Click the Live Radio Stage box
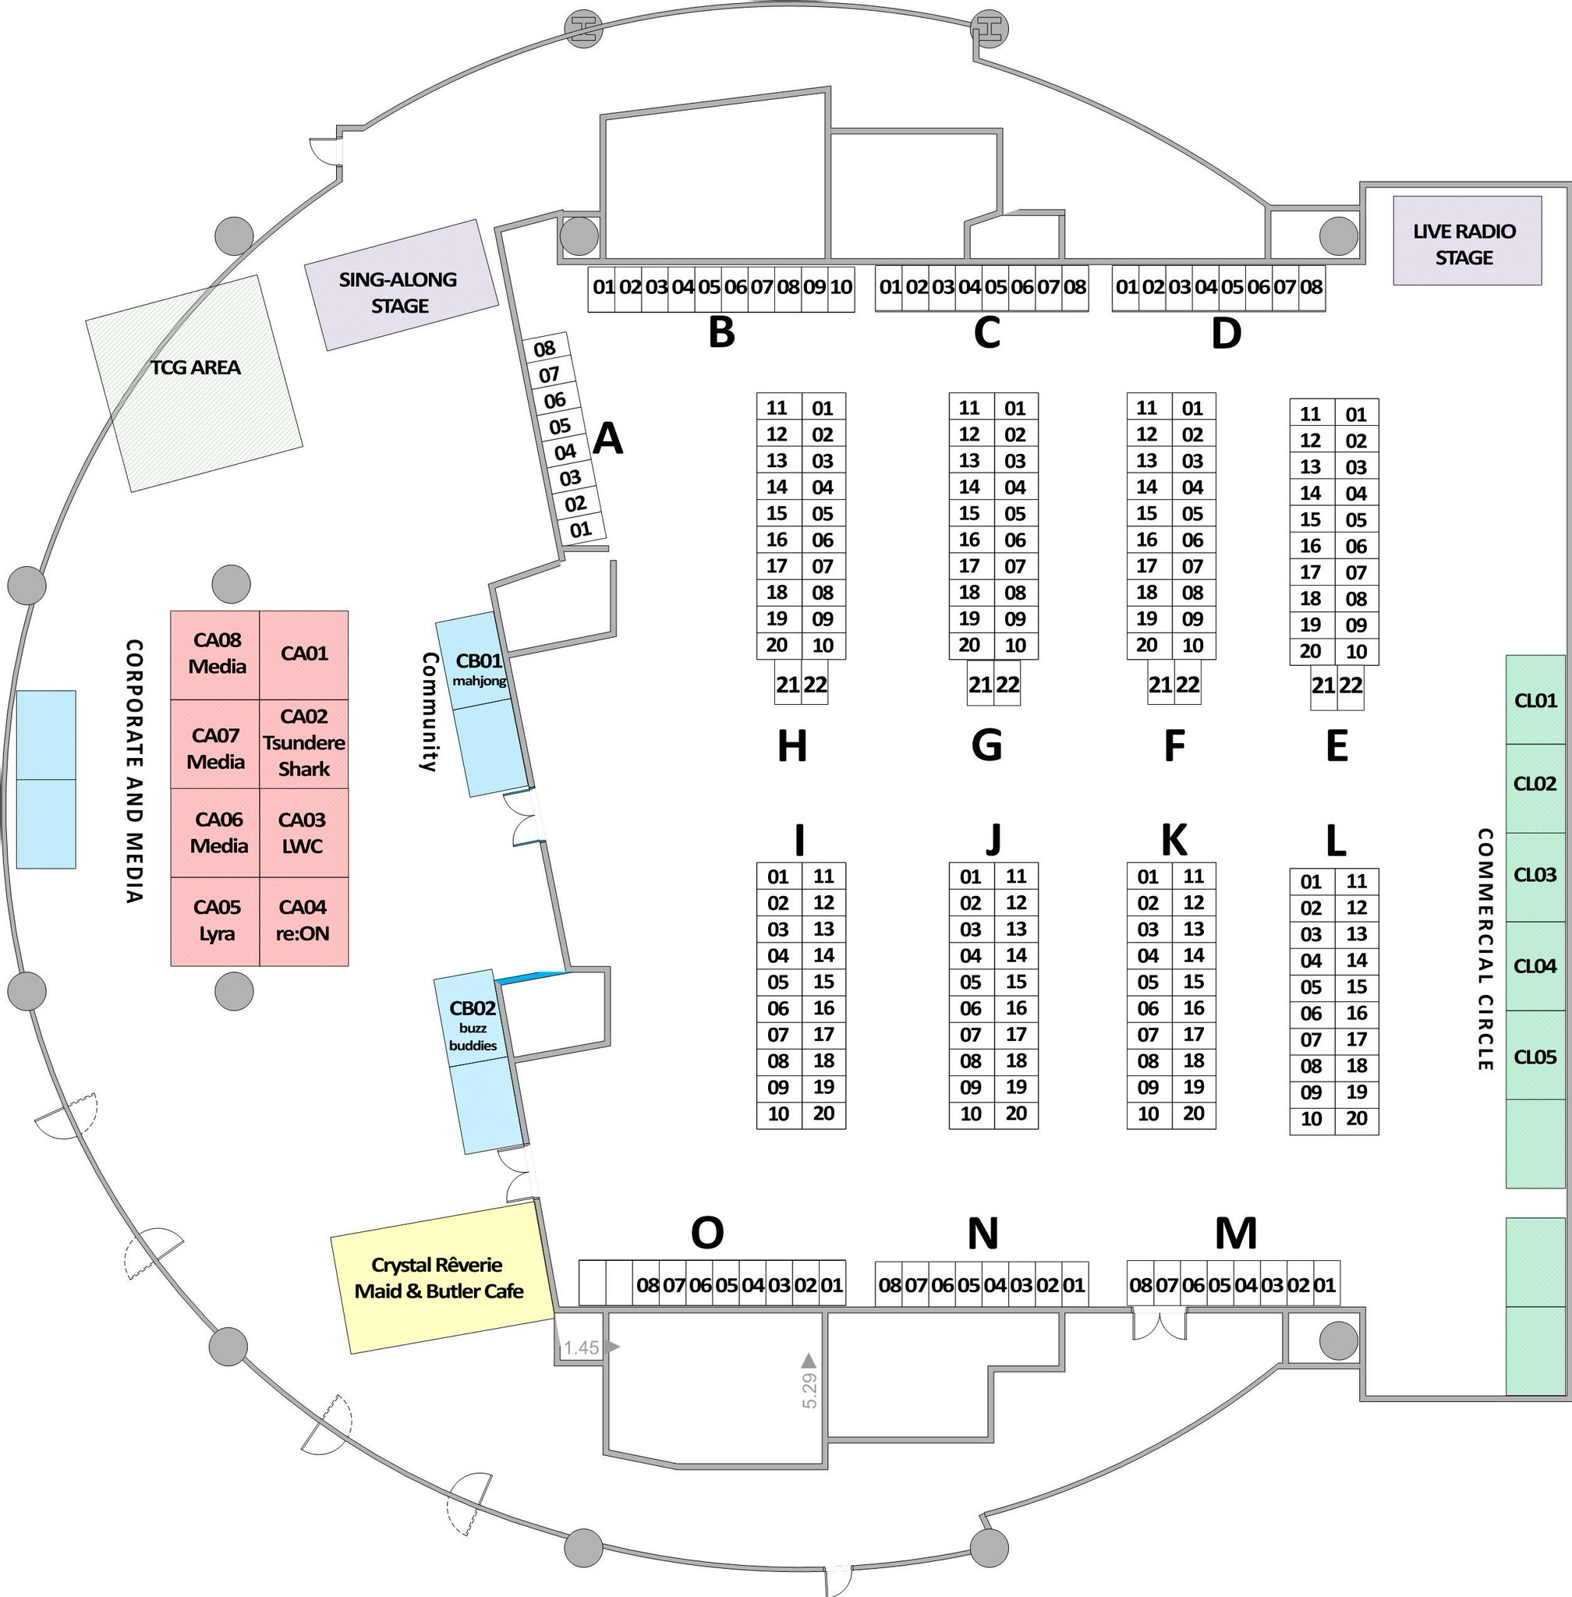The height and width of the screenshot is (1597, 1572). tap(1466, 241)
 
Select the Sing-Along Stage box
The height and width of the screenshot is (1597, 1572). tap(402, 285)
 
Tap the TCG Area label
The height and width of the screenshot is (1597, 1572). tap(196, 367)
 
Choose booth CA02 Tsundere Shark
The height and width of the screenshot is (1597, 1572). tap(304, 743)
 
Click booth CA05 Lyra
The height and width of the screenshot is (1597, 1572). tap(216, 920)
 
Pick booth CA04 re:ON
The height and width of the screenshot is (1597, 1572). tap(303, 920)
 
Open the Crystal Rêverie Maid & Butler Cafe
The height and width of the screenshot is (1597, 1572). tap(439, 1277)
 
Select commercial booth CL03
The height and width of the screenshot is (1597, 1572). tap(1535, 875)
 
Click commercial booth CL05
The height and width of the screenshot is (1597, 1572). tap(1535, 1057)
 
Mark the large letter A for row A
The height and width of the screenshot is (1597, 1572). tap(607, 438)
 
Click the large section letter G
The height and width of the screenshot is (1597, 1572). tap(986, 745)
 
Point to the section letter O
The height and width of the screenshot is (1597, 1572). tap(706, 1234)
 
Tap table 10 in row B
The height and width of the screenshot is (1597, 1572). tap(841, 288)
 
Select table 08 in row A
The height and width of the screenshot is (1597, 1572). tap(544, 349)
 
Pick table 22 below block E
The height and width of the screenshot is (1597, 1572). tap(1351, 685)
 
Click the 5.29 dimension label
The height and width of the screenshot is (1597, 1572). tap(809, 1390)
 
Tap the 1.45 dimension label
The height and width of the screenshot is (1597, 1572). tap(581, 1347)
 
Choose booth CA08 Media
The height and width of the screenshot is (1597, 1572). tap(216, 653)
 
